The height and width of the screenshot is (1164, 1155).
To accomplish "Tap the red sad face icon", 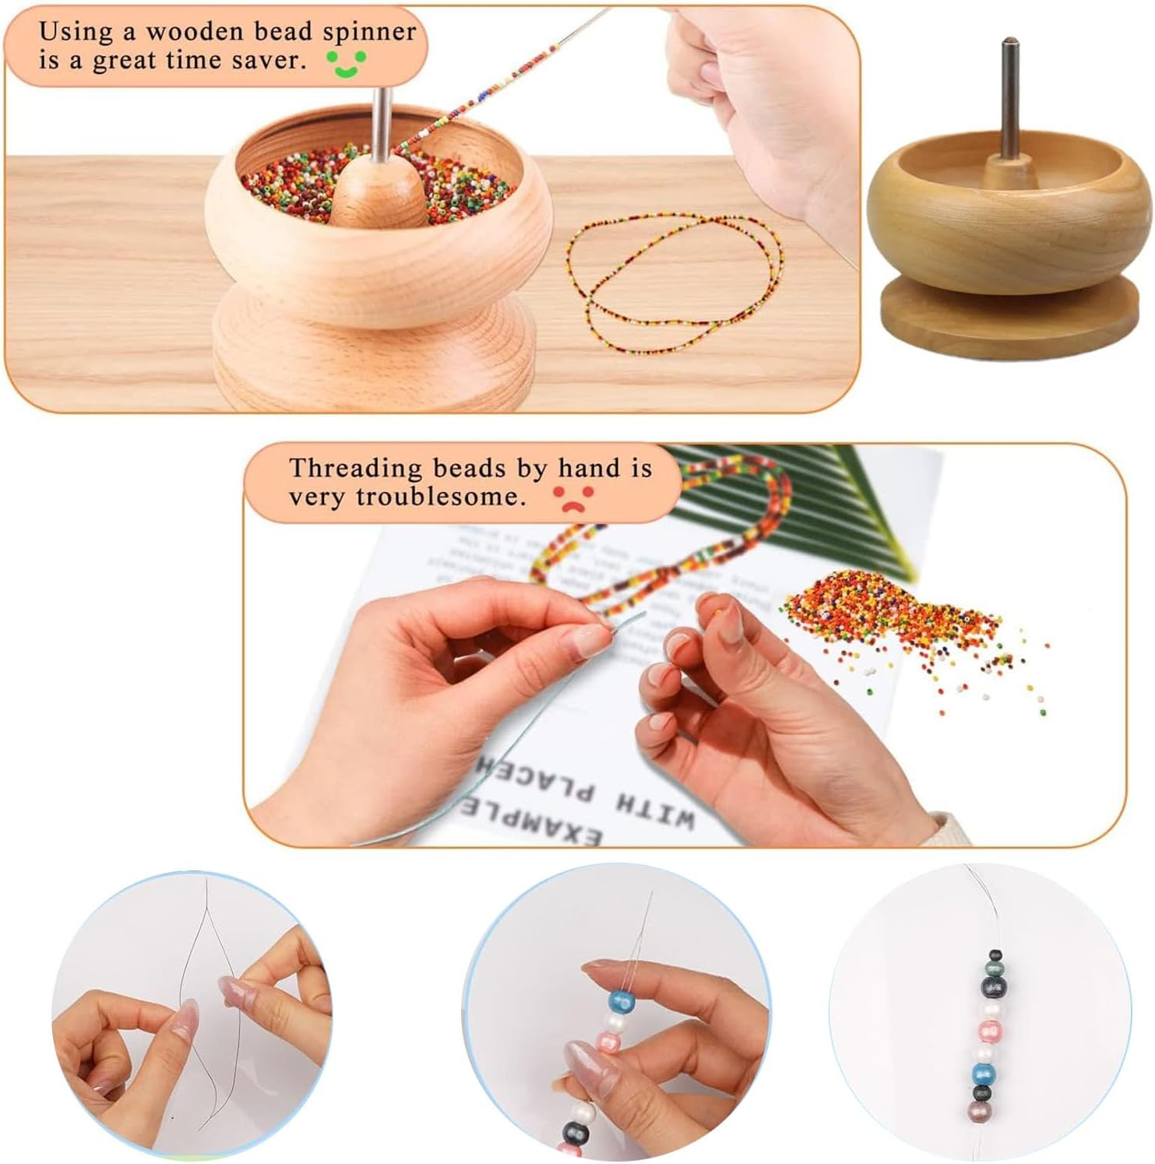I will click(573, 499).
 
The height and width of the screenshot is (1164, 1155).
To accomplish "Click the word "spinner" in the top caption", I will click(369, 32).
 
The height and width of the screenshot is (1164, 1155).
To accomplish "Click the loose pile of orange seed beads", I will click(896, 615).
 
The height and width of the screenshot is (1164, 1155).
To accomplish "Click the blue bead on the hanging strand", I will click(984, 1074).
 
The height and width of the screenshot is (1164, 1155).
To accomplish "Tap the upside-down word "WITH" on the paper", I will click(654, 810).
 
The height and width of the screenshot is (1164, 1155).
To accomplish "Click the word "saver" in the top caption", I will click(269, 61).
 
